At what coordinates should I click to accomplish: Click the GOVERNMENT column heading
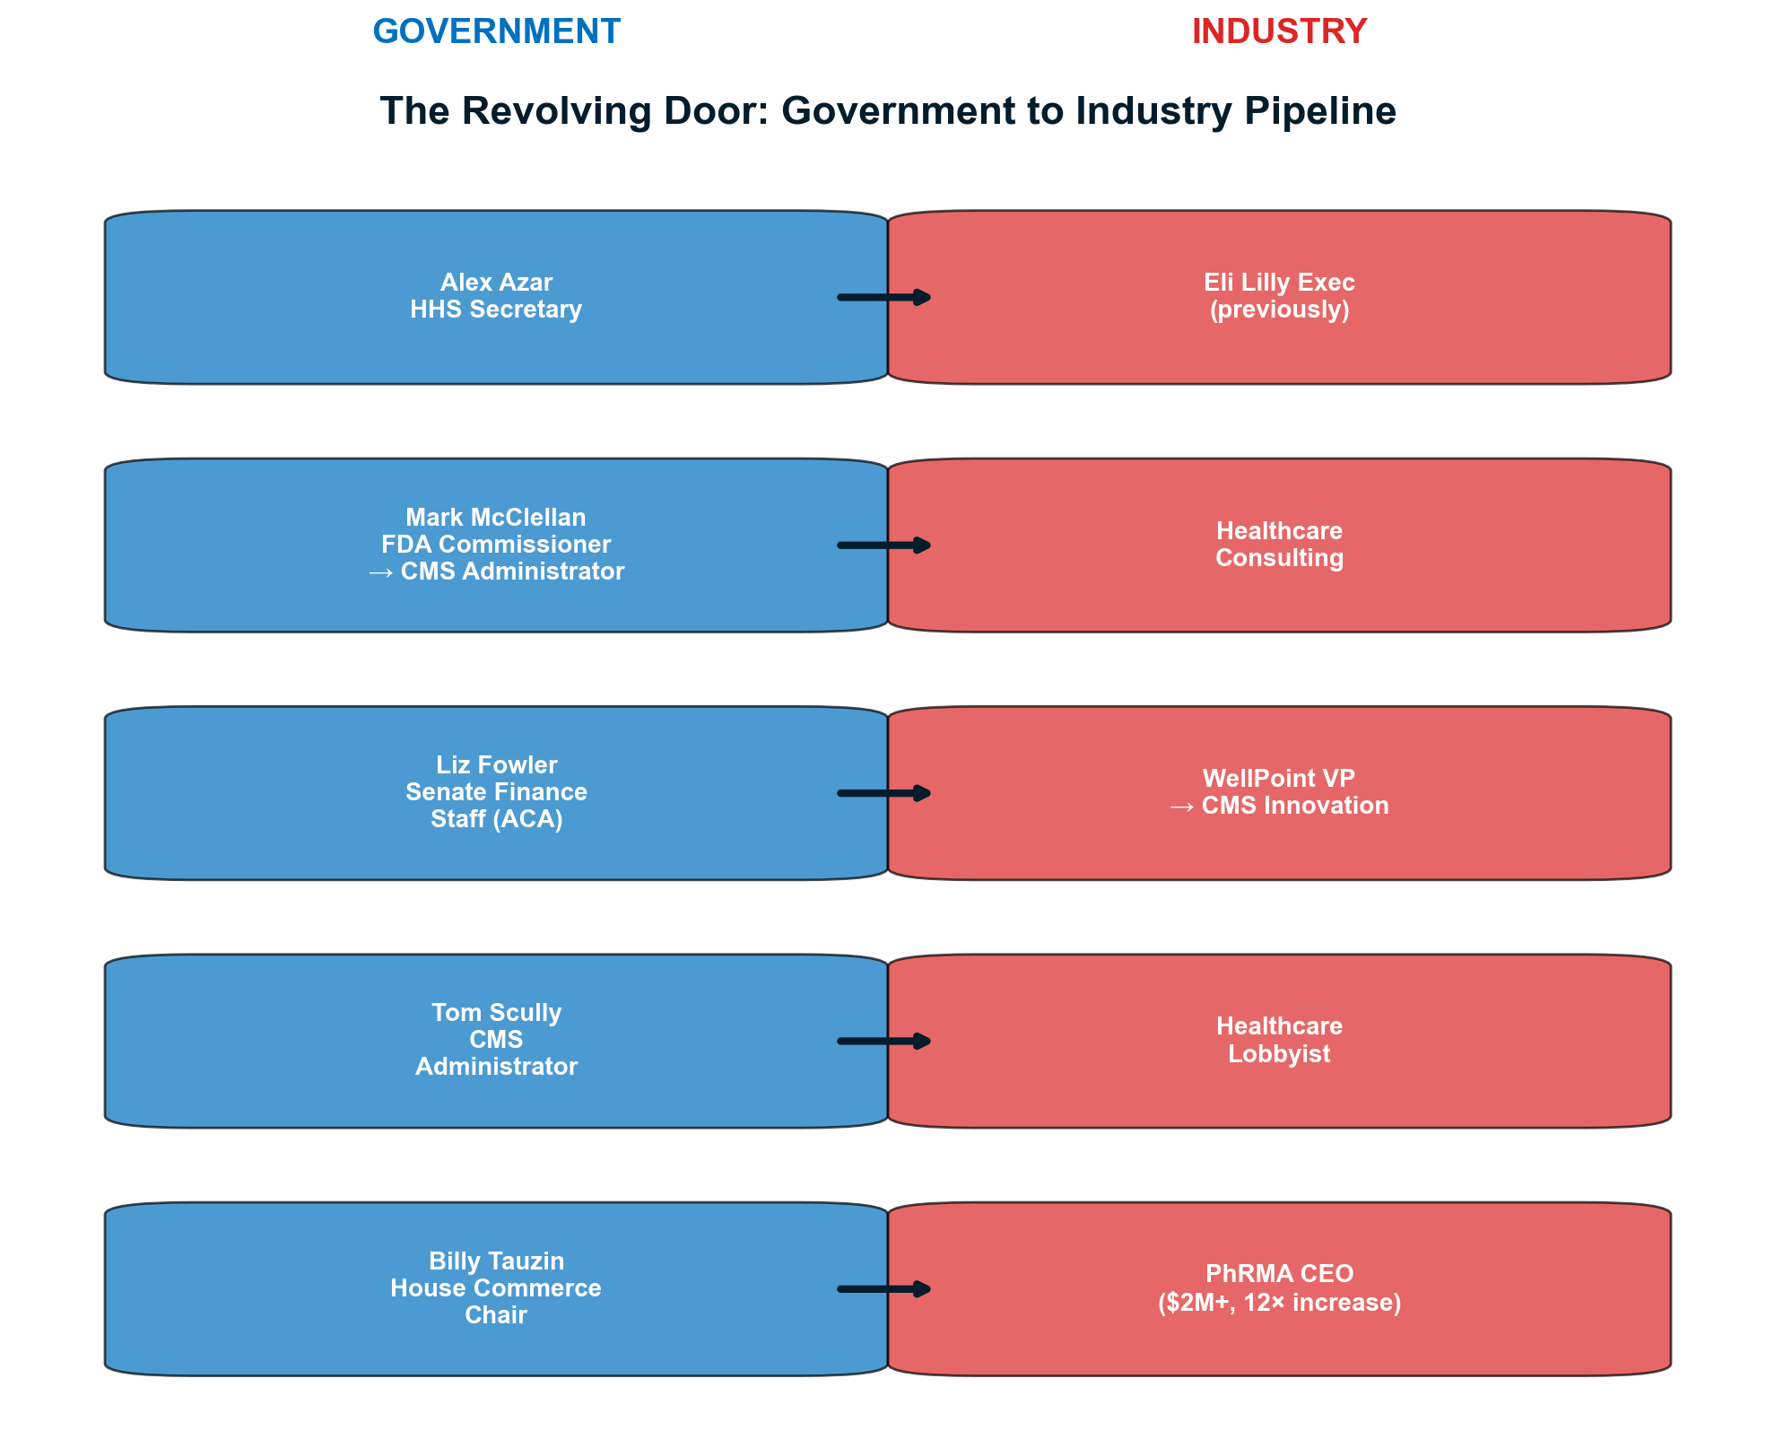pos(496,32)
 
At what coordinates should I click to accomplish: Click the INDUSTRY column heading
pos(1279,32)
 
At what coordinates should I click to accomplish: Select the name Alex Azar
pos(496,283)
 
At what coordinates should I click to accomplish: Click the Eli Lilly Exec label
pos(1279,283)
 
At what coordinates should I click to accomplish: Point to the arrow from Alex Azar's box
pos(884,297)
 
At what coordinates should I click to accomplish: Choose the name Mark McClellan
pos(496,518)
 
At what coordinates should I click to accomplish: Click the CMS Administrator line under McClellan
pos(496,572)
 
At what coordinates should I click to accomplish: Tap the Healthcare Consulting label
pos(1279,545)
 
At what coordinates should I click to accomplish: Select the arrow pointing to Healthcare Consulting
pos(884,545)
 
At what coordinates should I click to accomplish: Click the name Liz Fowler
pos(496,765)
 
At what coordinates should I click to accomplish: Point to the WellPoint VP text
pos(1279,779)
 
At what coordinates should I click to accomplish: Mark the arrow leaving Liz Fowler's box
pos(884,793)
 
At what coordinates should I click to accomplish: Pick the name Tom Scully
pos(496,1013)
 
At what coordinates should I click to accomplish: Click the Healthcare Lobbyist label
pos(1279,1040)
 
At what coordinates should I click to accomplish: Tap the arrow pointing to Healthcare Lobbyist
pos(884,1041)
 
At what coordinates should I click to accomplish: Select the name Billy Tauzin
pos(496,1261)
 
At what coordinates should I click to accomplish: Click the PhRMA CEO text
pos(1279,1274)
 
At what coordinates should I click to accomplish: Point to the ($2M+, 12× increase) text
pos(1279,1303)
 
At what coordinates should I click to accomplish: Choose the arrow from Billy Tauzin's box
pos(884,1289)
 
